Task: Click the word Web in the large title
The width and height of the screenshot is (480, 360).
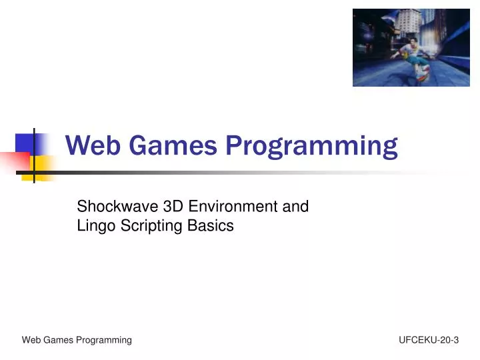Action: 93,146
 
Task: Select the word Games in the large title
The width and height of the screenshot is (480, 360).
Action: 173,146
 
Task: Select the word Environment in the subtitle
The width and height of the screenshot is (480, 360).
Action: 226,207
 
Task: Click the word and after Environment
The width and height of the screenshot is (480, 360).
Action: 295,207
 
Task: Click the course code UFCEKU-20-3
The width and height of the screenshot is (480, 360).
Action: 429,340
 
